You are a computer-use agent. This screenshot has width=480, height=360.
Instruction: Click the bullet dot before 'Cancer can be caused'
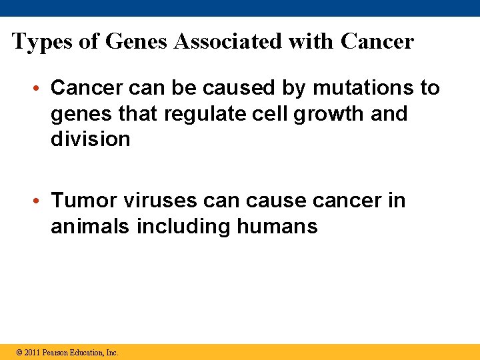point(41,88)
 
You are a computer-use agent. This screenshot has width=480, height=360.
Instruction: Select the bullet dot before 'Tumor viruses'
point(41,201)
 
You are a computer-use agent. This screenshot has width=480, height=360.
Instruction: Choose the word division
point(90,139)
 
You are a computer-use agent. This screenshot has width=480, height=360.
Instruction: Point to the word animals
point(91,227)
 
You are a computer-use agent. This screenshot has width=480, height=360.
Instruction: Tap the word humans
point(277,227)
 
